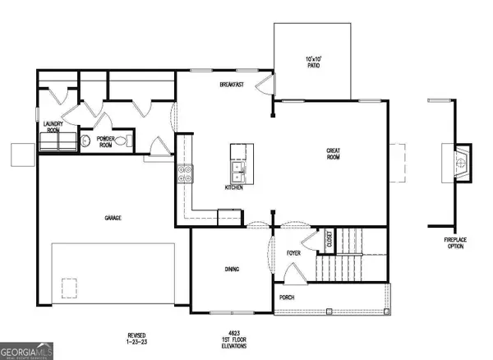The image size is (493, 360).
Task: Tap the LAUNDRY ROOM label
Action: click(53, 128)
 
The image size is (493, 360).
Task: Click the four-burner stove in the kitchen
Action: click(185, 173)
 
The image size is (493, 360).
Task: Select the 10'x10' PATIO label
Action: click(312, 61)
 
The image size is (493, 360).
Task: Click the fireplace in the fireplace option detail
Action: click(461, 163)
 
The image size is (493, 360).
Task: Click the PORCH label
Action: click(286, 298)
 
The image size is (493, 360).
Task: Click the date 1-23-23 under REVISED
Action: click(136, 340)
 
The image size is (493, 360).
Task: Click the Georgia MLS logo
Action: click(27, 349)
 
